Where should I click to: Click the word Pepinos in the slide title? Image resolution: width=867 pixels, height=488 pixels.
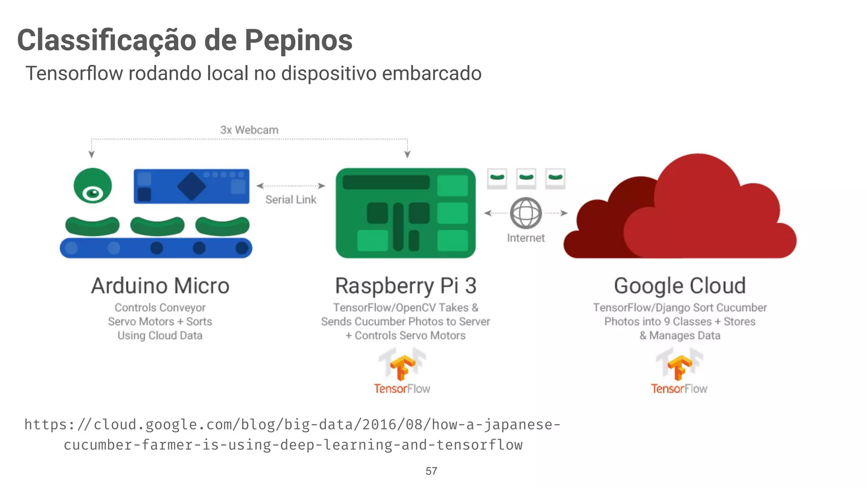pyautogui.click(x=298, y=40)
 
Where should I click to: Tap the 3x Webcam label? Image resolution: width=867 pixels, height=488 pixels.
pyautogui.click(x=249, y=130)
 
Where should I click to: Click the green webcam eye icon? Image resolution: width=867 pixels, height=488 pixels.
pyautogui.click(x=93, y=186)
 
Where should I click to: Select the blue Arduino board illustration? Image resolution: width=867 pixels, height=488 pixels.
pyautogui.click(x=191, y=186)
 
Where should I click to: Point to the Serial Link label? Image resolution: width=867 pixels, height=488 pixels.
pyautogui.click(x=291, y=200)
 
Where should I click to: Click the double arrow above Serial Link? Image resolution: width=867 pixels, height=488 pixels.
pyautogui.click(x=291, y=186)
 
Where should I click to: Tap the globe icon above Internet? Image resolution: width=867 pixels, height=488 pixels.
pyautogui.click(x=526, y=213)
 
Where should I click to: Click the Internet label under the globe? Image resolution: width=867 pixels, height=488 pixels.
pyautogui.click(x=526, y=238)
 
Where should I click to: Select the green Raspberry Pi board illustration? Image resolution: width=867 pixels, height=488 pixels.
pyautogui.click(x=406, y=213)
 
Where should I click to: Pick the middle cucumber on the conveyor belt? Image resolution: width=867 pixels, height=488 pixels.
pyautogui.click(x=157, y=226)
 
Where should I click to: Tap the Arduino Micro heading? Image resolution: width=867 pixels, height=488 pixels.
pyautogui.click(x=160, y=286)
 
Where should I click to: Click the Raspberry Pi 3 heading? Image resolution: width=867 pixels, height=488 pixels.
pyautogui.click(x=406, y=286)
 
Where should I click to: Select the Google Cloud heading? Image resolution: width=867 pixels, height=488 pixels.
pyautogui.click(x=680, y=286)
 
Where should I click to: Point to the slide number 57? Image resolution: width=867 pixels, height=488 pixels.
pyautogui.click(x=431, y=471)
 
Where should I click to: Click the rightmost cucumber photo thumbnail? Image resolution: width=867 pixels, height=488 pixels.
pyautogui.click(x=555, y=178)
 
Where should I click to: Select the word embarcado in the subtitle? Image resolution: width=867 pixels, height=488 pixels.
pyautogui.click(x=432, y=73)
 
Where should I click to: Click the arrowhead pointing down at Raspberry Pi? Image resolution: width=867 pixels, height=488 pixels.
pyautogui.click(x=407, y=154)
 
